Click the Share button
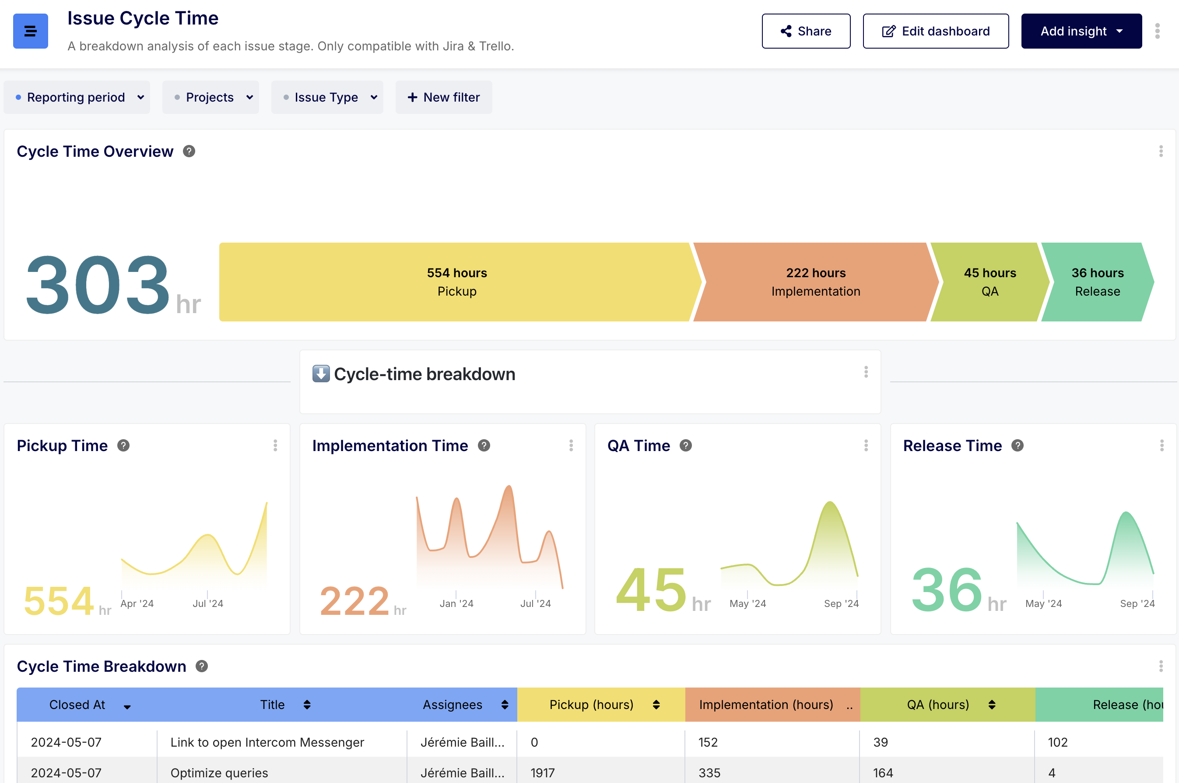click(806, 31)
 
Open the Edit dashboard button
click(936, 31)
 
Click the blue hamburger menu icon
click(31, 31)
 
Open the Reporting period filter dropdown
click(77, 97)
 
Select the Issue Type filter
click(327, 97)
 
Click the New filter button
click(444, 97)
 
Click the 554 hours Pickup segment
click(456, 282)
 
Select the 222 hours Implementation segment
click(815, 282)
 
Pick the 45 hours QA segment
click(990, 282)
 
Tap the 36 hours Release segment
click(1097, 282)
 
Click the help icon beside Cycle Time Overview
click(189, 152)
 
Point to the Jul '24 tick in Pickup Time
click(207, 603)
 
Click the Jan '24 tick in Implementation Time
click(456, 603)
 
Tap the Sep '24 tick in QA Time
click(841, 603)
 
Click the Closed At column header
click(77, 705)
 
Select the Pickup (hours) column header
click(592, 705)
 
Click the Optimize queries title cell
click(219, 772)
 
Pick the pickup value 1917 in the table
click(543, 772)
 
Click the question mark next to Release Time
click(1018, 445)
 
